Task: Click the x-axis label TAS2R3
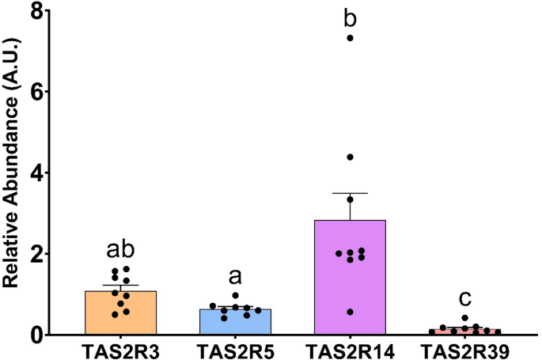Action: tap(121, 349)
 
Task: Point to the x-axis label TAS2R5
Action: tap(235, 349)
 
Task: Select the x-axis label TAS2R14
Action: tap(348, 349)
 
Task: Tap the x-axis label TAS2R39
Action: tap(461, 349)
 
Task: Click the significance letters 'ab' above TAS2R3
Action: tap(121, 250)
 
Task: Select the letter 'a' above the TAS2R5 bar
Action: tap(235, 276)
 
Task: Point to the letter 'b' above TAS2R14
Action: tap(348, 15)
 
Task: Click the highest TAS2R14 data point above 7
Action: tap(349, 38)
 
